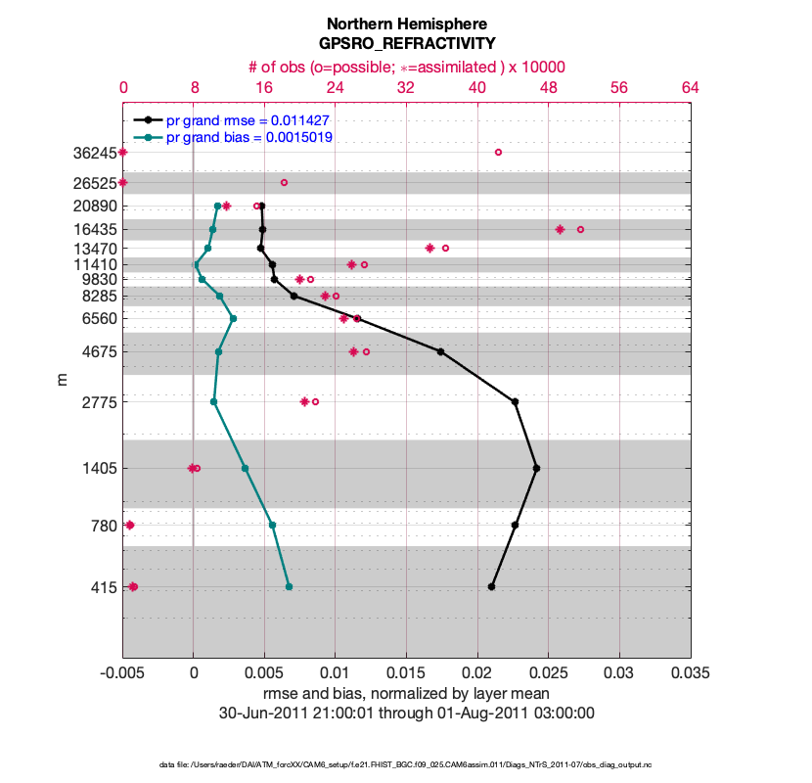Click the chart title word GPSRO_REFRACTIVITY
(406, 43)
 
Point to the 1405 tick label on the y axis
(97, 469)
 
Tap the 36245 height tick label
(93, 153)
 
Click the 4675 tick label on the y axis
(97, 352)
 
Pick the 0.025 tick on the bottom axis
(548, 674)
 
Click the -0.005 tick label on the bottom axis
(122, 674)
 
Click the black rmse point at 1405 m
(536, 469)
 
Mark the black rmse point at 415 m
(491, 586)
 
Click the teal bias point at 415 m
(289, 586)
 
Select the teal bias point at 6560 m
(233, 318)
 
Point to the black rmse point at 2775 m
(515, 401)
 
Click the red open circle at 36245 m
(498, 153)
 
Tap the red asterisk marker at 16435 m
(560, 229)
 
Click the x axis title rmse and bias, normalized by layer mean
(406, 694)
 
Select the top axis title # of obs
(406, 67)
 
